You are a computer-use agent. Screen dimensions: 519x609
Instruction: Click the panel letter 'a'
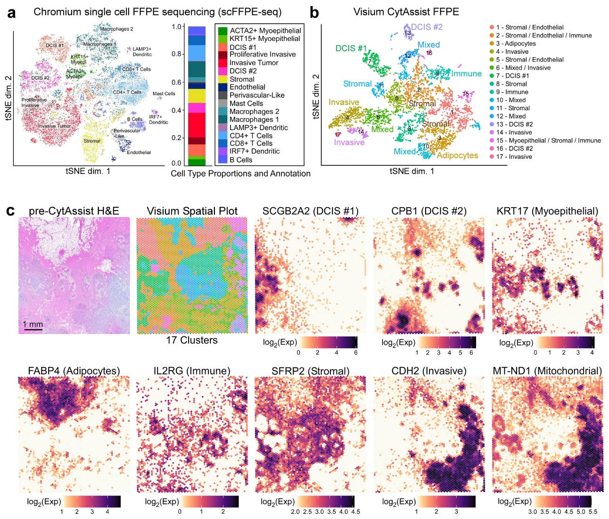(x=11, y=13)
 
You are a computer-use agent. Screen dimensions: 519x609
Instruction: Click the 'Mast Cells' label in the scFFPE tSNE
(x=164, y=94)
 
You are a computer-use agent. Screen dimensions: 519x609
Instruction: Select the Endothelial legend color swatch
(x=222, y=87)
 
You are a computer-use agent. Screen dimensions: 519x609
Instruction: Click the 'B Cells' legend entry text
(x=241, y=160)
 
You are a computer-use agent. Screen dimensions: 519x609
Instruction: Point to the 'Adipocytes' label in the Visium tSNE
(x=457, y=155)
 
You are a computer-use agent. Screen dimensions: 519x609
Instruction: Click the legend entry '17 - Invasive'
(x=513, y=156)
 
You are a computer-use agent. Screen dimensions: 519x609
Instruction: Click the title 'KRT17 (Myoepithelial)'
(x=547, y=211)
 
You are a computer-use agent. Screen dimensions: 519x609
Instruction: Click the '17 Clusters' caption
(x=192, y=340)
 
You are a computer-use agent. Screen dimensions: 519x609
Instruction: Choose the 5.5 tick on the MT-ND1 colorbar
(x=593, y=511)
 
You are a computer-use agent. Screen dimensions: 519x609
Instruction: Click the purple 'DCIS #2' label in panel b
(x=427, y=27)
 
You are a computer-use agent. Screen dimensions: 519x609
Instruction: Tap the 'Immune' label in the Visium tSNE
(x=466, y=73)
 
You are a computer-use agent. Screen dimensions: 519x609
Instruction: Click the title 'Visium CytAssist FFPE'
(x=406, y=12)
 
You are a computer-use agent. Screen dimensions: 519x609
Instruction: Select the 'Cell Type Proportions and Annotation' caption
(x=240, y=173)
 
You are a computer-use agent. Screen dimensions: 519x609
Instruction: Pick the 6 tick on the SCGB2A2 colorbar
(x=355, y=352)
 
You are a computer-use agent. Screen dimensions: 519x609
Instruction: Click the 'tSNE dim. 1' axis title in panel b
(x=411, y=171)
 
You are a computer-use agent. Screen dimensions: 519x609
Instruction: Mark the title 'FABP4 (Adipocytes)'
(x=74, y=371)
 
